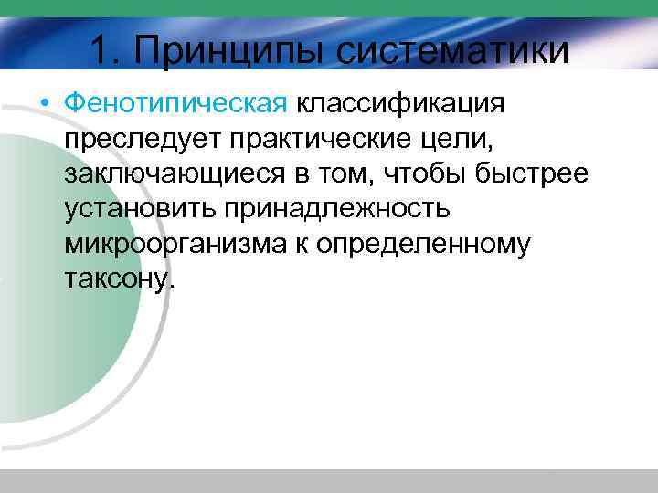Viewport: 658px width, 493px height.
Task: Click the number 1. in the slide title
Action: point(108,49)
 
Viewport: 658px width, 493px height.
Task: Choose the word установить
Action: point(139,209)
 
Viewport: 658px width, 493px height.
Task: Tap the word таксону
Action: point(118,279)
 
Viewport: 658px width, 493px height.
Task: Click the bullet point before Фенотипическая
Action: point(46,103)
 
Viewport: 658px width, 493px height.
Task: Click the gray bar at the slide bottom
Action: point(329,481)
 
